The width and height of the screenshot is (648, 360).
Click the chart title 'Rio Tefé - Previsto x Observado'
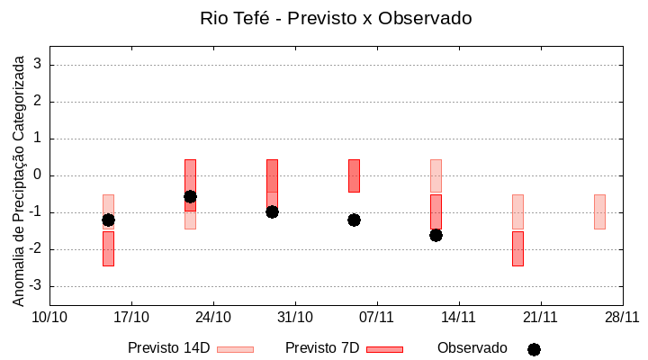pos(336,18)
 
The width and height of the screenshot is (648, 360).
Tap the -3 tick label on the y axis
pos(35,286)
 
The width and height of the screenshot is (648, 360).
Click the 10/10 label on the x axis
pos(49,317)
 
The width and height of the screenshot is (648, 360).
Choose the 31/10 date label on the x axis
pos(294,317)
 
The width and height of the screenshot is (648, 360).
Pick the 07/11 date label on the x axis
pos(376,317)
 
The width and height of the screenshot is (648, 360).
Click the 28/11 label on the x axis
pos(622,317)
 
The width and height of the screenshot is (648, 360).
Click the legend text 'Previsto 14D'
pos(168,348)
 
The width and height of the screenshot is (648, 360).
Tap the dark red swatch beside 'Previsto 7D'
pos(384,349)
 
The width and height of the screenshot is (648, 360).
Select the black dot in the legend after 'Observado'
pos(534,349)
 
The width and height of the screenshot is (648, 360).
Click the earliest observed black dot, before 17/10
pos(108,220)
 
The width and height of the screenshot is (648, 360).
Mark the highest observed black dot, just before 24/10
pos(190,196)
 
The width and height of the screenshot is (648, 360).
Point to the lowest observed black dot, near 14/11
pos(436,235)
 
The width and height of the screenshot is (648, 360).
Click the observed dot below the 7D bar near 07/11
pos(354,220)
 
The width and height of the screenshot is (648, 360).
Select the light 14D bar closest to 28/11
pos(599,211)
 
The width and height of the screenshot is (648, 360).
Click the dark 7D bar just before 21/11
pos(517,248)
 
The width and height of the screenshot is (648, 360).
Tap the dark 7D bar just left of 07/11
pos(354,175)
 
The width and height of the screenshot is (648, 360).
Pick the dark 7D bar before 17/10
pos(108,248)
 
